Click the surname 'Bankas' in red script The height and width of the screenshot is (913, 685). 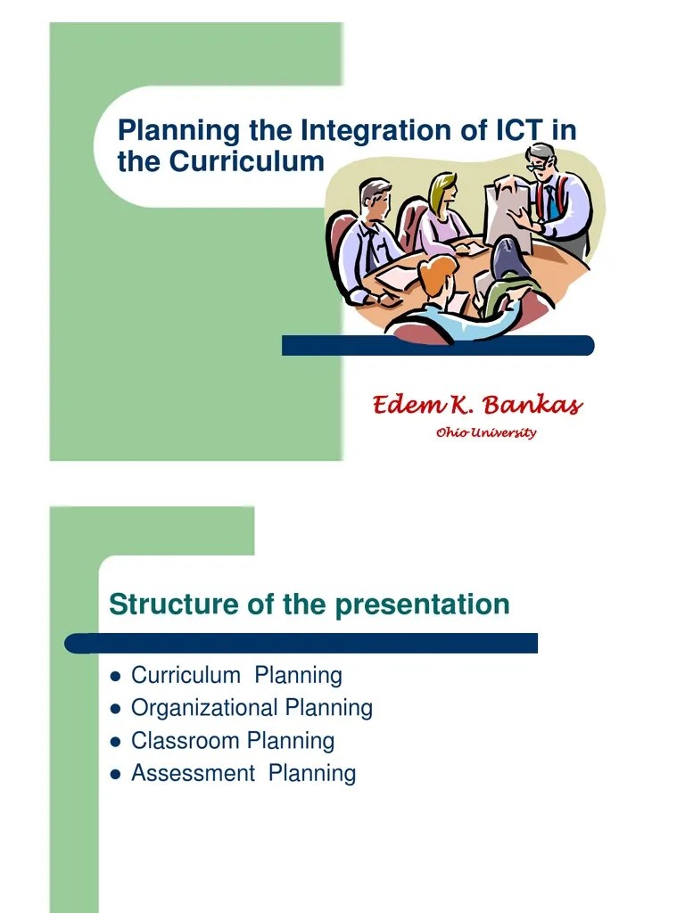pos(532,407)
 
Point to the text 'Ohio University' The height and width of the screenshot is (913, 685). pos(486,433)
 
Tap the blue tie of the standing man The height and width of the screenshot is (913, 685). pos(550,202)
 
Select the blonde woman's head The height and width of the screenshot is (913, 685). pos(443,191)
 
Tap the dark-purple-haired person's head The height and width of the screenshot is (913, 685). pos(510,259)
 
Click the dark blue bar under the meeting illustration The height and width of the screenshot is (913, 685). pos(437,345)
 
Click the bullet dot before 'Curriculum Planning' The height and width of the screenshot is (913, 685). pos(114,677)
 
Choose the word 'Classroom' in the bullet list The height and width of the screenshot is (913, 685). pos(186,741)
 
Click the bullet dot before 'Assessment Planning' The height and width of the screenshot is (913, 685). pos(114,774)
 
